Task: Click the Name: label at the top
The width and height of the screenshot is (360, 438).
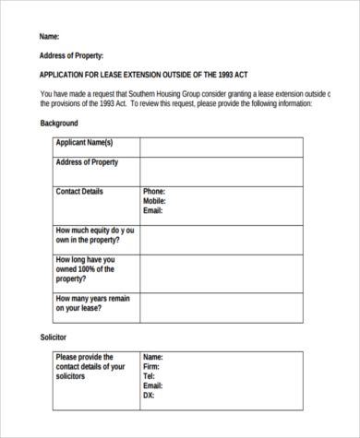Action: click(x=50, y=37)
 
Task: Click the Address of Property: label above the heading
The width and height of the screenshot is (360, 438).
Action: click(x=72, y=56)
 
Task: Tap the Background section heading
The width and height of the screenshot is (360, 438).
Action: click(x=59, y=123)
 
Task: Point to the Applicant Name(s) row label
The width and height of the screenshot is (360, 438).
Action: click(x=84, y=143)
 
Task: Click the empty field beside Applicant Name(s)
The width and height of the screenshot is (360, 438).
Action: click(x=221, y=147)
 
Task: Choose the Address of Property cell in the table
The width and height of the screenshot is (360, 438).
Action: click(x=87, y=162)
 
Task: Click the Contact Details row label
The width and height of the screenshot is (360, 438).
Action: click(x=79, y=192)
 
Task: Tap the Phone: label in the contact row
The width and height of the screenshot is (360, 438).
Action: click(x=154, y=192)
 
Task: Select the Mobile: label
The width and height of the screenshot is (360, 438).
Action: click(x=155, y=201)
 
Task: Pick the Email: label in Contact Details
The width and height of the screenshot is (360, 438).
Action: click(x=153, y=210)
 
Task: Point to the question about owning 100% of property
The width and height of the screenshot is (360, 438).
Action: click(x=86, y=269)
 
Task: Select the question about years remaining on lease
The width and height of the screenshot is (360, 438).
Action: click(x=92, y=303)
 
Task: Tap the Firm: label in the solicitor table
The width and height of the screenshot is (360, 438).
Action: click(x=152, y=366)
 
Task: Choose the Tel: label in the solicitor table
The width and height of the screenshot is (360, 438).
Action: click(x=150, y=376)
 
